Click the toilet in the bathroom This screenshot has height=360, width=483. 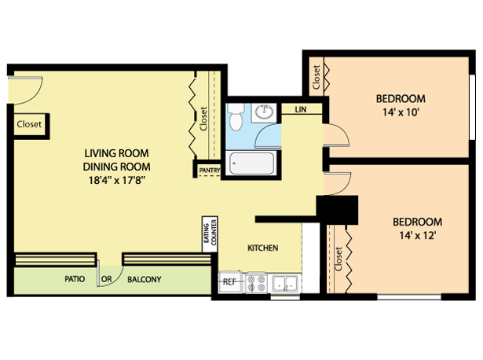point(236,117)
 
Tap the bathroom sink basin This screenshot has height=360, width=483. point(265,112)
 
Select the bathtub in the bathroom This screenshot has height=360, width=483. point(251,163)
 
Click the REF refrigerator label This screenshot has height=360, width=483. point(229,281)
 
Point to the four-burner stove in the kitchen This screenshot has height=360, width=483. point(257,283)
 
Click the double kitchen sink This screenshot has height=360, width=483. point(286,283)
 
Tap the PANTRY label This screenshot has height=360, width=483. point(210,170)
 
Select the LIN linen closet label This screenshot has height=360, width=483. point(301,109)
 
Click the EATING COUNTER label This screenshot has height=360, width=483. point(210,233)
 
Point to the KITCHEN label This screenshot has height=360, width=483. point(263,248)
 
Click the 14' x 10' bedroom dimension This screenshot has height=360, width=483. point(401,112)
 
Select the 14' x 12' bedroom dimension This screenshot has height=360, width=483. point(417,236)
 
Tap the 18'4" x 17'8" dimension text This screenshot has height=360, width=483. point(117,180)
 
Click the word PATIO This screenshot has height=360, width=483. point(75,279)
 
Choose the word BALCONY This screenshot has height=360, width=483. point(145,279)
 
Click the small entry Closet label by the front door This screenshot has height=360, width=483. point(29,124)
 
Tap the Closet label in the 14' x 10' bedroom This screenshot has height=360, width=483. point(316,77)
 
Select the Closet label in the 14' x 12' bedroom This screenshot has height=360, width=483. point(338,259)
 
